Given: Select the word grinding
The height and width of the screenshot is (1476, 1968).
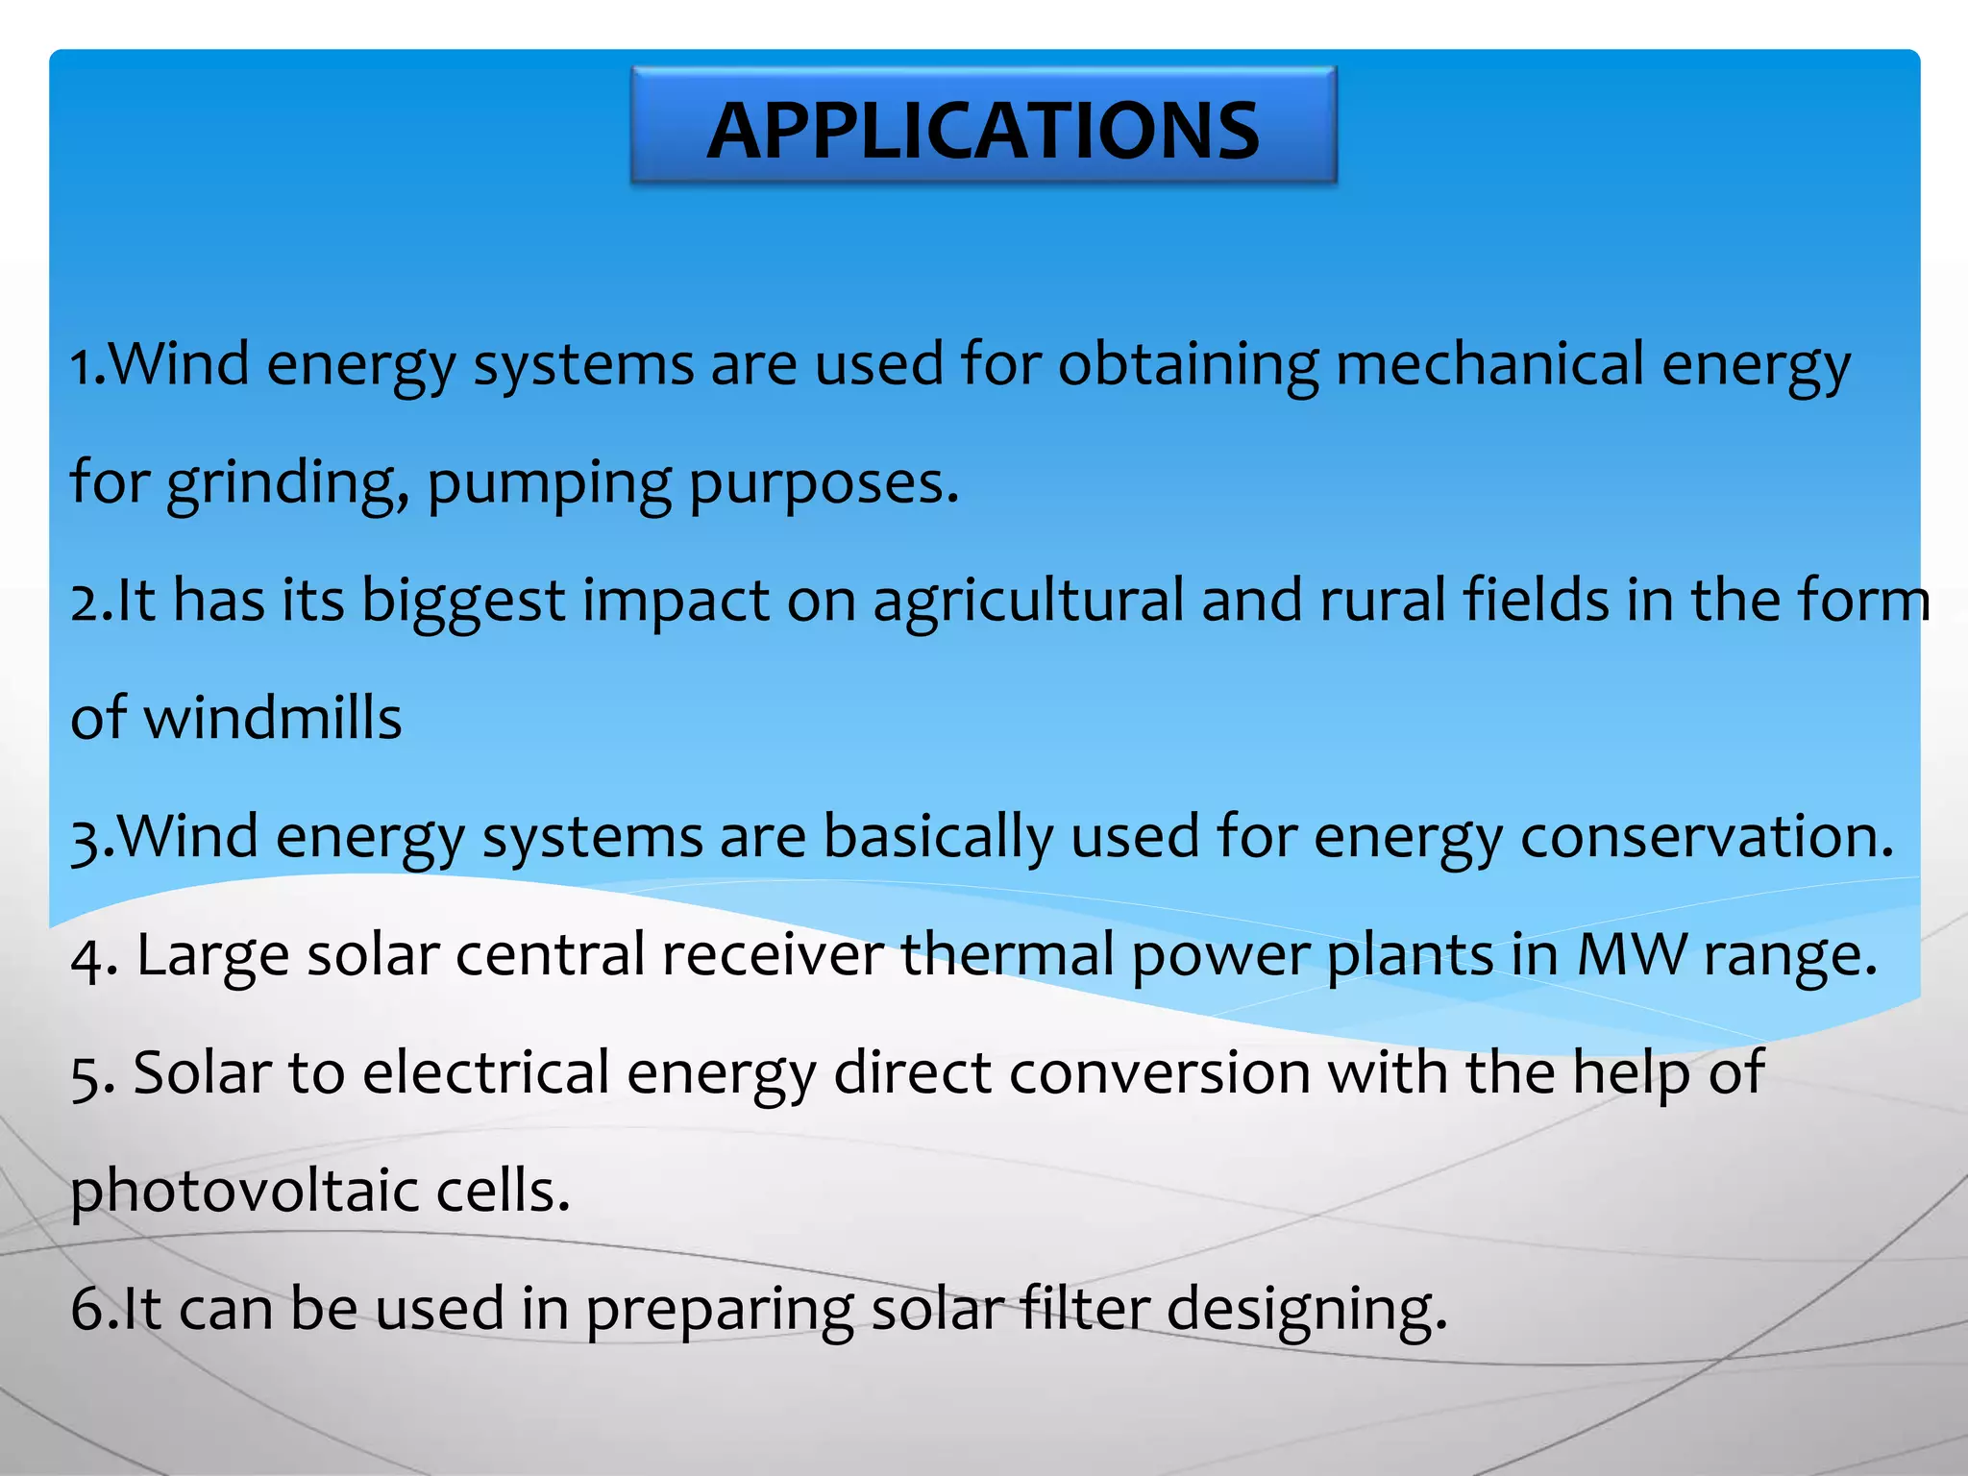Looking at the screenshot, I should pos(287,483).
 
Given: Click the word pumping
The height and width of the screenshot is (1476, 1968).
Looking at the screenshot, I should pos(548,483).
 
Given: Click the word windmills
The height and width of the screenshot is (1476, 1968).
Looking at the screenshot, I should pos(273,718).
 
